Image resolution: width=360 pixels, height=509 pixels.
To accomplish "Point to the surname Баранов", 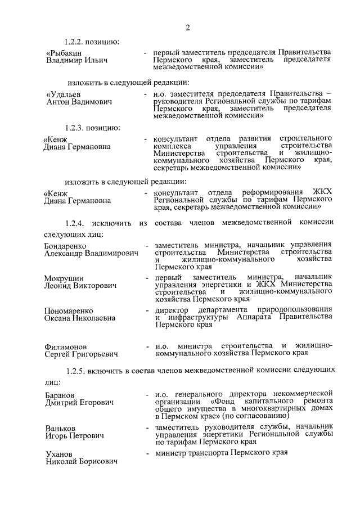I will point(60,394).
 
